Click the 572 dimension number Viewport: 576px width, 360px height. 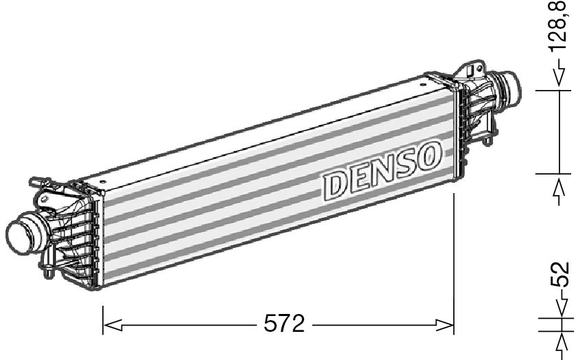(284, 324)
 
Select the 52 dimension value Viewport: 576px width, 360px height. (562, 275)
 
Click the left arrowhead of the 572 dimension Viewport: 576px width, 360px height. (110, 324)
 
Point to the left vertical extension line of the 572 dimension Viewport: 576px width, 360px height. (103, 316)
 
